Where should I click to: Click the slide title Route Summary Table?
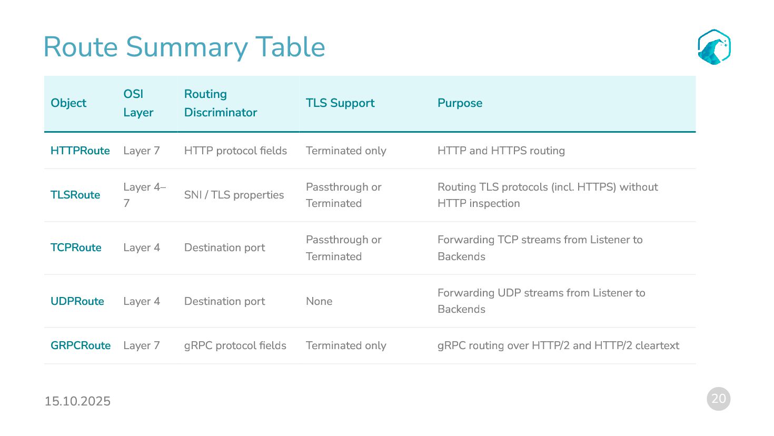(184, 47)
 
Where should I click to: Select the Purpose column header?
(460, 103)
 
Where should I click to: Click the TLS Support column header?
(340, 103)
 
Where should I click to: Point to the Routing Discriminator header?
(221, 103)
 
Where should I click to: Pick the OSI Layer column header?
(138, 103)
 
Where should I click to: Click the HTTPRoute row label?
(80, 151)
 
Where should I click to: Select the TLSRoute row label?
(75, 195)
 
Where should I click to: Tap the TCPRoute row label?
(76, 247)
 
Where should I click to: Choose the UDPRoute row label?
(77, 301)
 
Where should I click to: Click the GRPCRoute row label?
(81, 345)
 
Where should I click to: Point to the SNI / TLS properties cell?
(234, 195)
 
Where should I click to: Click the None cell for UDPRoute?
(319, 301)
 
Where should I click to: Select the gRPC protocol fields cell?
(235, 345)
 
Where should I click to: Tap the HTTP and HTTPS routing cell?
(501, 151)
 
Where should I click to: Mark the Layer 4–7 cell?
(144, 195)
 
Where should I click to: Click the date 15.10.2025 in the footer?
(77, 401)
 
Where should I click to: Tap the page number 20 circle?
(718, 399)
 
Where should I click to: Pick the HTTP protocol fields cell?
(235, 151)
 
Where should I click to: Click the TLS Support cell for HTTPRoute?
(346, 151)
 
